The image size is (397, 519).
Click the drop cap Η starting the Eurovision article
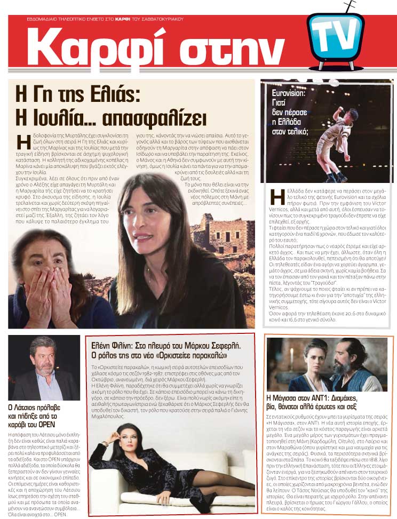pyautogui.click(x=277, y=197)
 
